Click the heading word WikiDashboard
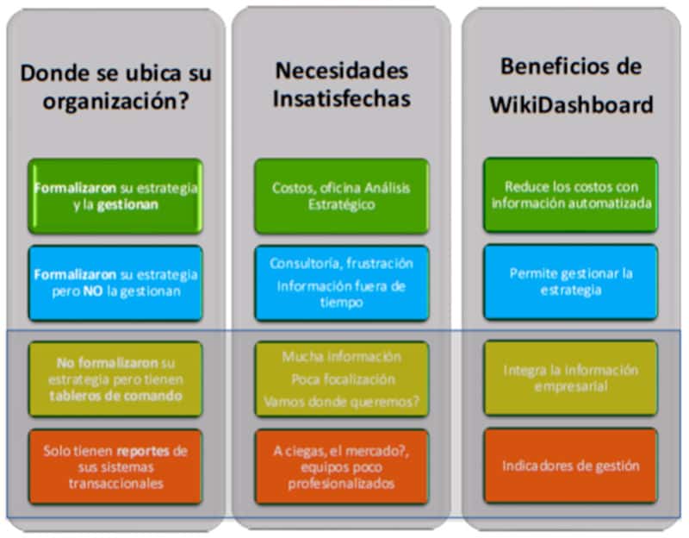pyautogui.click(x=571, y=104)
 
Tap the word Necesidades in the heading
pyautogui.click(x=341, y=71)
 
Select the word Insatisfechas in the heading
pyautogui.click(x=341, y=98)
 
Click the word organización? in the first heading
pyautogui.click(x=116, y=102)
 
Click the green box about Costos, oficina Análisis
pyautogui.click(x=341, y=197)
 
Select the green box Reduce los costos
pyautogui.click(x=570, y=195)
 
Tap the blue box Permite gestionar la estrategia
pyautogui.click(x=570, y=282)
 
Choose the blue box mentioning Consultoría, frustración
pyautogui.click(x=341, y=284)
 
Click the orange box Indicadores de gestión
pyautogui.click(x=570, y=466)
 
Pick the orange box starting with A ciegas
pyautogui.click(x=341, y=466)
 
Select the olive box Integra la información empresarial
pyautogui.click(x=570, y=378)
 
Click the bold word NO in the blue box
pyautogui.click(x=93, y=291)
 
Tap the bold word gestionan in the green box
pyautogui.click(x=127, y=205)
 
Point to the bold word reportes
pyautogui.click(x=143, y=451)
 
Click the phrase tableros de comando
pyautogui.click(x=115, y=396)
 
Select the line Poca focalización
pyautogui.click(x=343, y=379)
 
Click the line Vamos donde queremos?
pyautogui.click(x=341, y=402)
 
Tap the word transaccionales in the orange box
pyautogui.click(x=116, y=484)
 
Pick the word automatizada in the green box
pyautogui.click(x=618, y=203)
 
